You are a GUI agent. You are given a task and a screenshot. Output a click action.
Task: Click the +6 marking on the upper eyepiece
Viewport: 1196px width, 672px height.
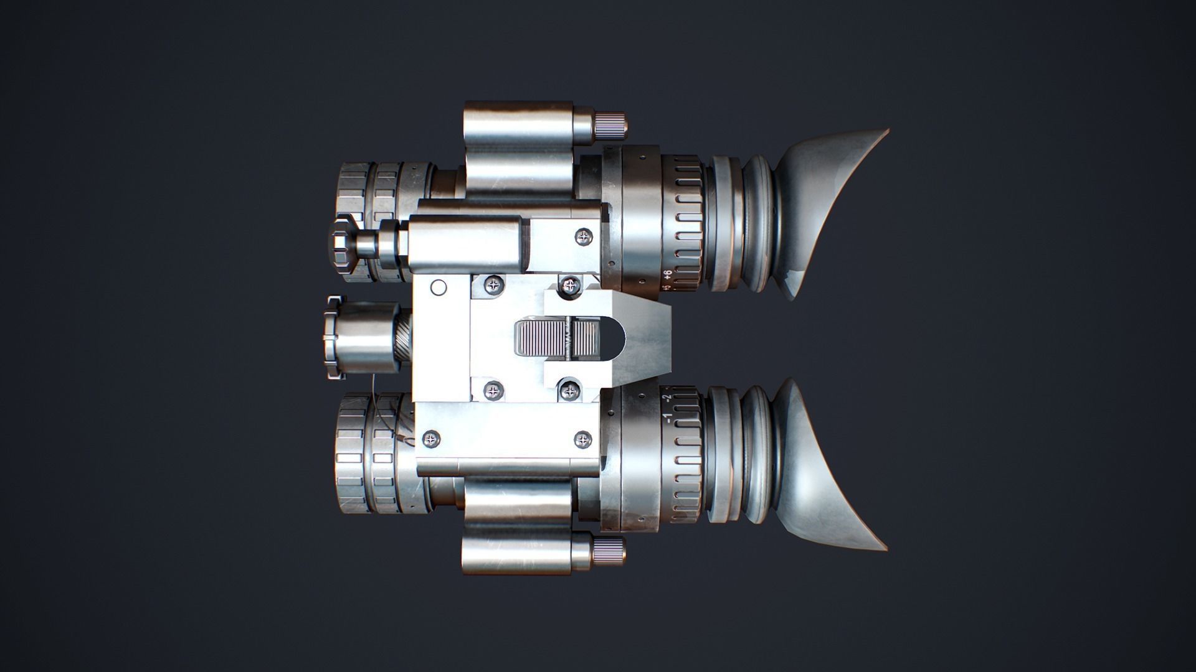tap(667, 274)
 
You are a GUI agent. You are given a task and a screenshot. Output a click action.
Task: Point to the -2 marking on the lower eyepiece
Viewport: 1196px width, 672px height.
tap(667, 397)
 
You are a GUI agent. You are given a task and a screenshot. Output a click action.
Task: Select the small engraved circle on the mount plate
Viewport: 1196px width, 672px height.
tap(439, 287)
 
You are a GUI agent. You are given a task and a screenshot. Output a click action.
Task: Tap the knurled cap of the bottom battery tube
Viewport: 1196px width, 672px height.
tap(609, 551)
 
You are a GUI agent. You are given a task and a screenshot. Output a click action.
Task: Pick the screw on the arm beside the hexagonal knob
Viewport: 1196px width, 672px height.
tap(584, 236)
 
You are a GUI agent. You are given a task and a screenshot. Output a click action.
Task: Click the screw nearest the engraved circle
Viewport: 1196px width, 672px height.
tap(495, 286)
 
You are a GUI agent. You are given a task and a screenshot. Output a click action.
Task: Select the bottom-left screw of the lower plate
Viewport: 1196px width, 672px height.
tap(430, 439)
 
